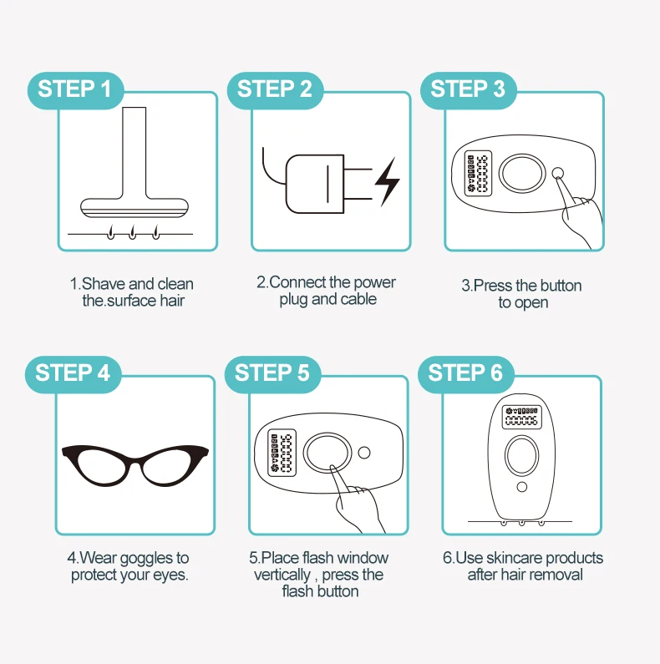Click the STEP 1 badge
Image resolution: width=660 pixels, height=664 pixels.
[75, 90]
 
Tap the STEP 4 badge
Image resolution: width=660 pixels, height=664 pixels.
[73, 374]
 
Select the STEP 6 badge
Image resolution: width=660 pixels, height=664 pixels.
[465, 374]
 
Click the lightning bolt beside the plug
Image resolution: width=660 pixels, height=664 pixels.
[387, 182]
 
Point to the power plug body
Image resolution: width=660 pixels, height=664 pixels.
[315, 184]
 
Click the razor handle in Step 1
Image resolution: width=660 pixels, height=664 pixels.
[135, 153]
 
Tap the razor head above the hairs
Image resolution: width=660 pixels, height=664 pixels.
[135, 208]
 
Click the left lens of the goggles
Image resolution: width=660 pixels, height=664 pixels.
[103, 466]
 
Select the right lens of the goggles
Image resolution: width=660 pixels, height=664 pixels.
[168, 466]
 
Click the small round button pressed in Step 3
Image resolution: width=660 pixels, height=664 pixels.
[558, 173]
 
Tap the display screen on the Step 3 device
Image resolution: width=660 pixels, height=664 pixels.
[478, 173]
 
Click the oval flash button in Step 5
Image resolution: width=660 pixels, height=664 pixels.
[327, 453]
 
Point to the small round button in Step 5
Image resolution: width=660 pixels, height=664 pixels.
[364, 453]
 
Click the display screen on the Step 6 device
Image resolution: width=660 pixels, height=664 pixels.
[521, 417]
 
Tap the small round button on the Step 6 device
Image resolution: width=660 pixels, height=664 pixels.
[522, 487]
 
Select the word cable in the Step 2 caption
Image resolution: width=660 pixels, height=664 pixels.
[358, 299]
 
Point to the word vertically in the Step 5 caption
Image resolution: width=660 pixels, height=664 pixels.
[282, 575]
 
